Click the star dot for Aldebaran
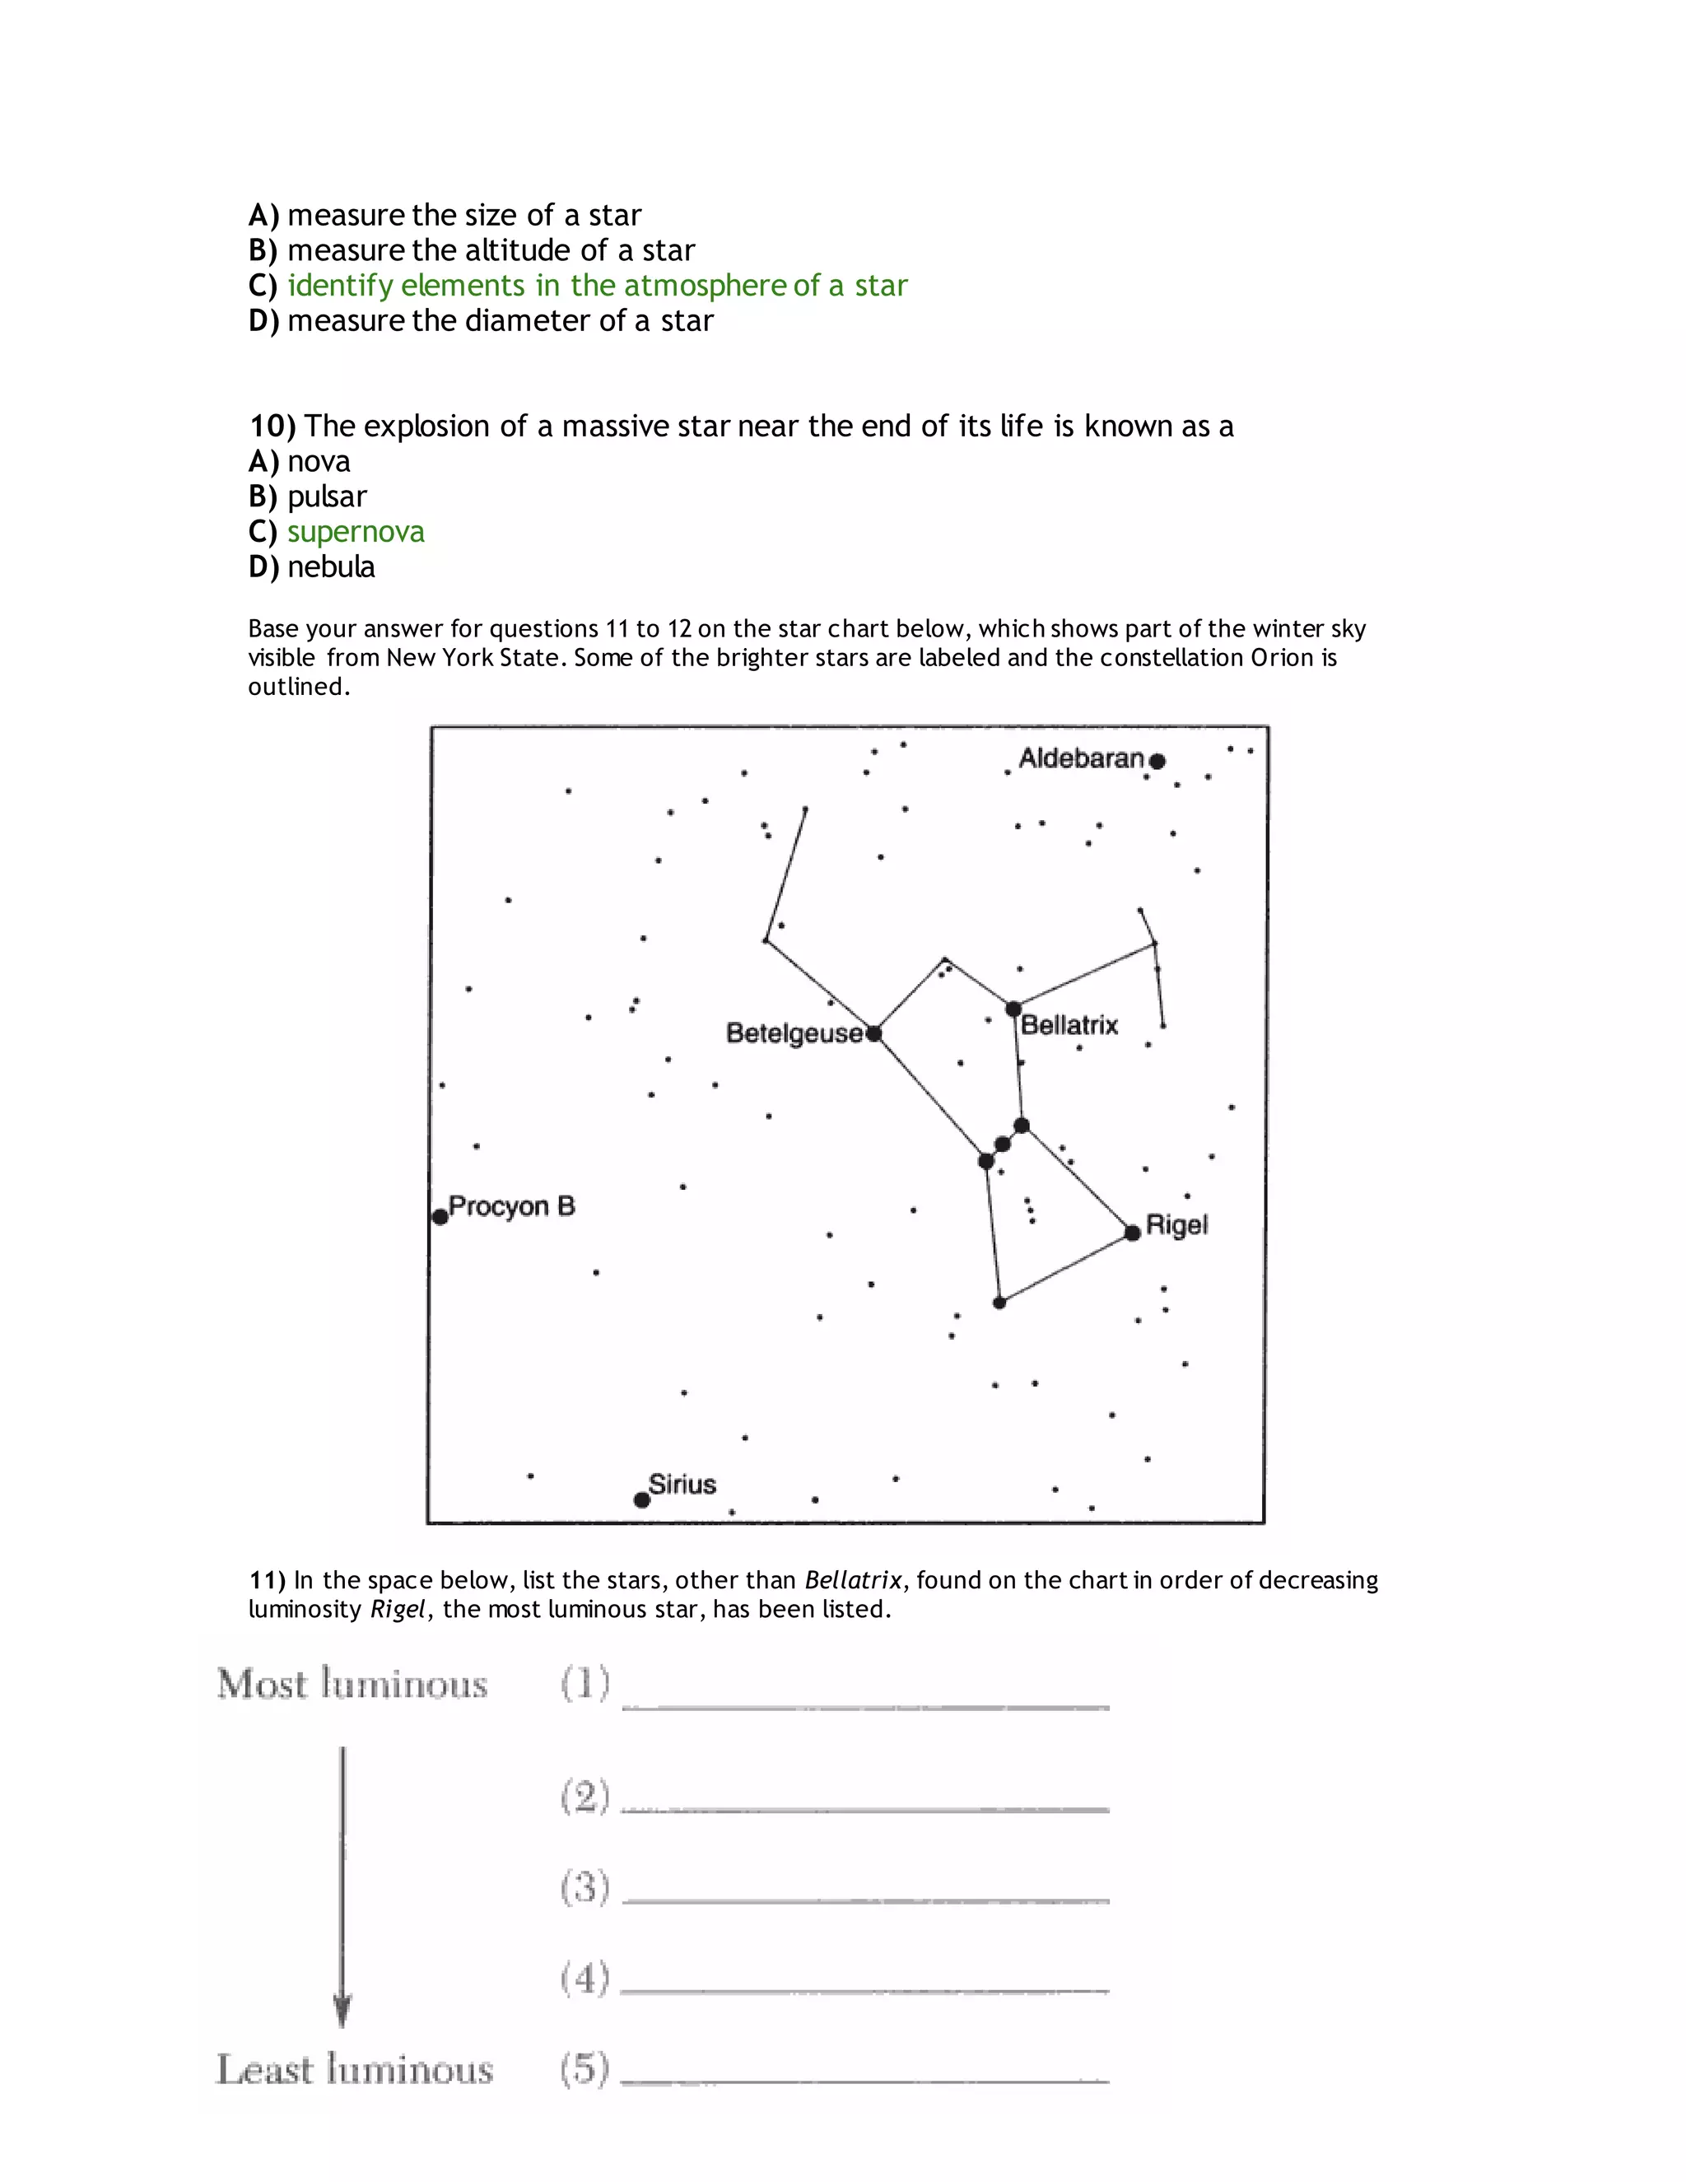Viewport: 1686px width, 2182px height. [1157, 762]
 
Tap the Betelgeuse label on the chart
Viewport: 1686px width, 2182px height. [794, 1033]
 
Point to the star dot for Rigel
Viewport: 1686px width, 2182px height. [1132, 1233]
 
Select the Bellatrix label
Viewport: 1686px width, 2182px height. [1069, 1025]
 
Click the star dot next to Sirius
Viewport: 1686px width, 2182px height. [642, 1499]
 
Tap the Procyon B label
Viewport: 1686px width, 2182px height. [511, 1206]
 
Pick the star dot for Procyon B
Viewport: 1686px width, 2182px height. [440, 1216]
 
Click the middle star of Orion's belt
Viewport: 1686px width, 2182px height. [1002, 1144]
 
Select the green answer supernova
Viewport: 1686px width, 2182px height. [356, 532]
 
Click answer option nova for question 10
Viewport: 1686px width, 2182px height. [319, 462]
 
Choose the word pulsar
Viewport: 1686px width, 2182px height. [327, 497]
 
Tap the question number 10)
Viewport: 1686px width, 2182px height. [272, 427]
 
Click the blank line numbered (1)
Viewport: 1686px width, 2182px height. [865, 1706]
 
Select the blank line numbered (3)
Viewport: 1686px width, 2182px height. [865, 1900]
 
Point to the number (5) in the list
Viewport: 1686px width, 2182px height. [585, 2068]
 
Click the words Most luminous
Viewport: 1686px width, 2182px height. [352, 1685]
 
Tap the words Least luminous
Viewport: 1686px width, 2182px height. [355, 2069]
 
